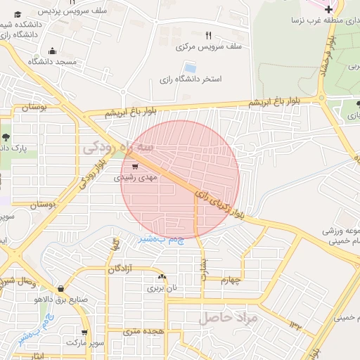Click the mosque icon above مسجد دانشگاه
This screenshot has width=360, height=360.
coord(52,51)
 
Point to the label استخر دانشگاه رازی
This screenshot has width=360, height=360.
coord(191,79)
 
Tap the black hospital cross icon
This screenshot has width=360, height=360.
coord(328,8)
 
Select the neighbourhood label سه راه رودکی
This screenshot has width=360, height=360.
coord(117,147)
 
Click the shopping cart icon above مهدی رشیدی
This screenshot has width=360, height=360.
coord(134,167)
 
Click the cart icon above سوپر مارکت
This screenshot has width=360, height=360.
coord(84,332)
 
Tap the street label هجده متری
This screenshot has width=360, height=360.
coord(143,330)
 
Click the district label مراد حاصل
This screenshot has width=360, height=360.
coord(229,318)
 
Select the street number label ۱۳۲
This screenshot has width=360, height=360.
coord(295,325)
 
